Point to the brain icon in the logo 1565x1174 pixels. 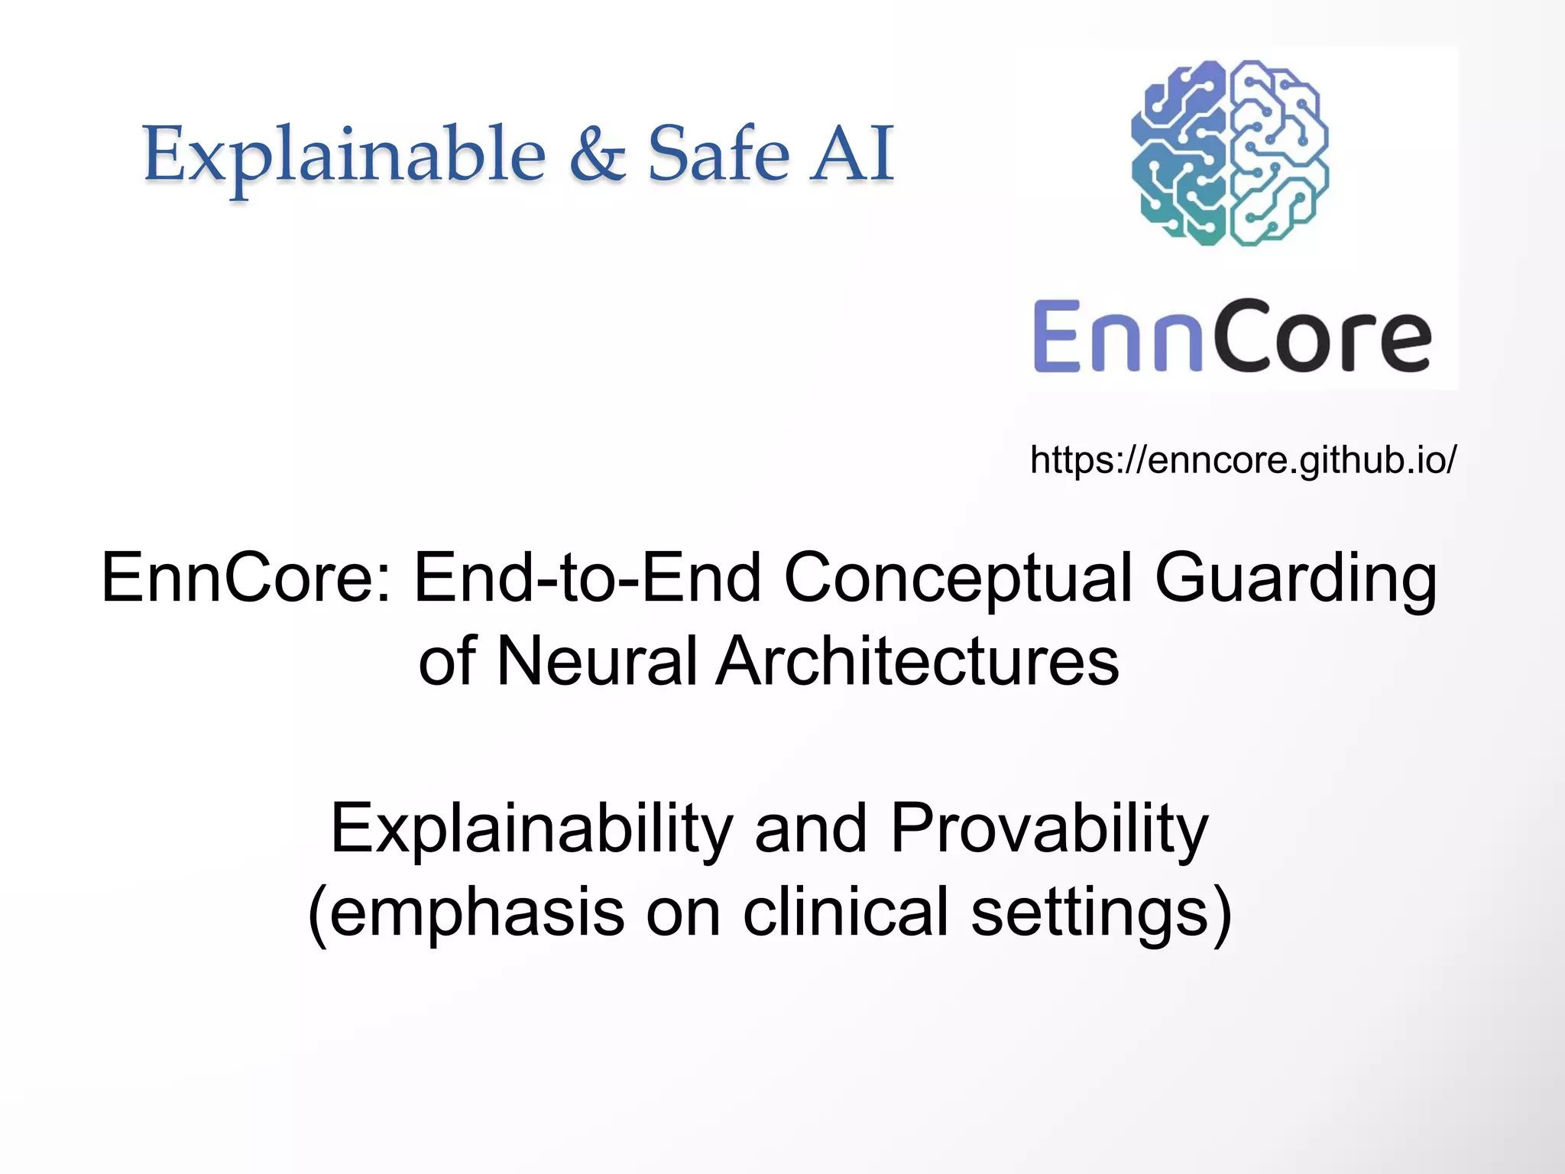[1230, 153]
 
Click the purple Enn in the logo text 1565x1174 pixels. [1111, 336]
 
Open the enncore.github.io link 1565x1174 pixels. [1243, 460]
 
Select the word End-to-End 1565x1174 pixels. [587, 578]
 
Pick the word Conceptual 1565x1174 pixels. [957, 579]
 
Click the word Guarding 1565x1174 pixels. [1295, 579]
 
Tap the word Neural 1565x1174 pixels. [597, 661]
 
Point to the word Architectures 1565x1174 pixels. [918, 661]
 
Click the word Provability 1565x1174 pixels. [1049, 830]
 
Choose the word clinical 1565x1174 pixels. [845, 911]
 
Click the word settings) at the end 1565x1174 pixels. [1101, 913]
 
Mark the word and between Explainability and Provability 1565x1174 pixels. [810, 829]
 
